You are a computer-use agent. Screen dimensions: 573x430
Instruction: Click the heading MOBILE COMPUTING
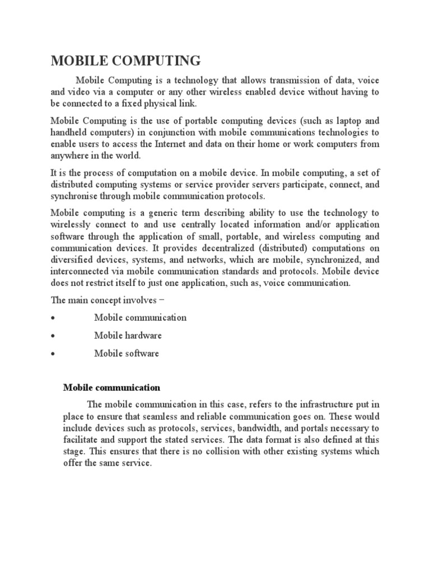point(126,60)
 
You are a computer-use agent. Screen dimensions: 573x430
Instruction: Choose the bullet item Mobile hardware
point(128,335)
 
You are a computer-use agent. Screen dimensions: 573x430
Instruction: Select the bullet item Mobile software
point(127,353)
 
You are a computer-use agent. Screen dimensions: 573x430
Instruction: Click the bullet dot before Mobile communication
point(52,318)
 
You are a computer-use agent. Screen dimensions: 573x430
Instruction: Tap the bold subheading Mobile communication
point(111,387)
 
